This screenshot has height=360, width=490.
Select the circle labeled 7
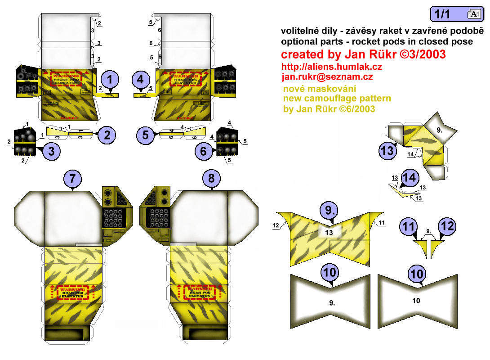pos(73,179)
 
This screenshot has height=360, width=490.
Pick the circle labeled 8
pos(211,179)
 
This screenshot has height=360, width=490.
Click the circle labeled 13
pos(388,150)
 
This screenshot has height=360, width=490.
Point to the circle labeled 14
pos(409,177)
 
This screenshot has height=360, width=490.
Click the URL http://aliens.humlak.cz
pos(332,67)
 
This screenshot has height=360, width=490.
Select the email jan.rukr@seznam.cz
pos(327,77)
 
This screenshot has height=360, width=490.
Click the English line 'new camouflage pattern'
pos(337,98)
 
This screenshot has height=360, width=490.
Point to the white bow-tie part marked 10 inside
pos(416,300)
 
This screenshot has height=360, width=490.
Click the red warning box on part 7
pos(73,292)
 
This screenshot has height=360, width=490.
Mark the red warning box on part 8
pos(199,292)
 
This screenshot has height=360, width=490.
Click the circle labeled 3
pos(51,151)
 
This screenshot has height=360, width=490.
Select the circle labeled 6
pos(203,151)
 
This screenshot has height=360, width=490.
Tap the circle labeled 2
pos(107,134)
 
